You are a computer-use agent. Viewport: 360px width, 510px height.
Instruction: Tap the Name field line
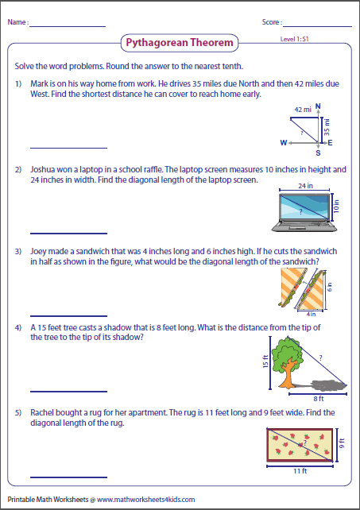[68, 27]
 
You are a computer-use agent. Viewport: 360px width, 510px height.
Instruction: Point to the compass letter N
[318, 105]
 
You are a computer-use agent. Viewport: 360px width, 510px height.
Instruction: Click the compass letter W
[283, 143]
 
